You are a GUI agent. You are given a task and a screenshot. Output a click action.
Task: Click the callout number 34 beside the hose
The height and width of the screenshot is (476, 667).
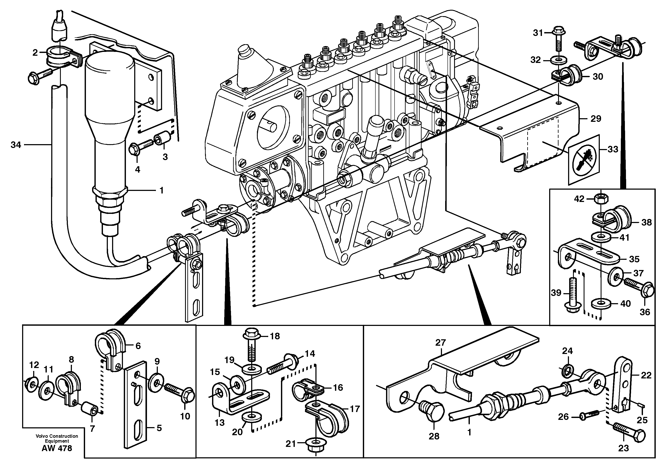(16, 145)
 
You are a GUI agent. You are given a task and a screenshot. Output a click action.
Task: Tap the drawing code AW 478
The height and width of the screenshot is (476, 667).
(57, 448)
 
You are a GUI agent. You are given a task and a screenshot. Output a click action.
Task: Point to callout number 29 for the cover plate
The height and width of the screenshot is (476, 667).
(596, 119)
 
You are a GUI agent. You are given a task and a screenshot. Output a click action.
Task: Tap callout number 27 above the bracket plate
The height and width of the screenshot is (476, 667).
(440, 342)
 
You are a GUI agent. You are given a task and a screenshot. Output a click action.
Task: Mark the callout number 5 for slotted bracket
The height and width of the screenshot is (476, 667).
(159, 428)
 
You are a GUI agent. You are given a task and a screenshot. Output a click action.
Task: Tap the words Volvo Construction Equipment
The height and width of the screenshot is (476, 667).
(57, 438)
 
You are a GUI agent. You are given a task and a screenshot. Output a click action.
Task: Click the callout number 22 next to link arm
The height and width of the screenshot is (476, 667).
(646, 375)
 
